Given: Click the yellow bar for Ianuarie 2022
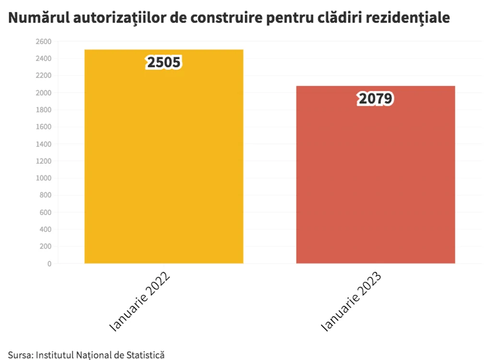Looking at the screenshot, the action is [x=164, y=156].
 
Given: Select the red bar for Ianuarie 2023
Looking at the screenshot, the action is [x=376, y=174].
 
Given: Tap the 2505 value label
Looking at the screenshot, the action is [x=164, y=62].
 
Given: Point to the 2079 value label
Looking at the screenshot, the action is [x=376, y=98].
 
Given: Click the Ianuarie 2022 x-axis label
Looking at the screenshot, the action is [x=140, y=301].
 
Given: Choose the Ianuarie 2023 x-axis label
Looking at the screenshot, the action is [x=351, y=301].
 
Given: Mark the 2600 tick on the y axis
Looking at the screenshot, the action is [x=44, y=42].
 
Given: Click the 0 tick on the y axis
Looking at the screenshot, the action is [x=49, y=264].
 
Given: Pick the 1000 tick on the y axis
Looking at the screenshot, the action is [x=44, y=178].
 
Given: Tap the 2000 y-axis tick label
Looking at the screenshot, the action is [x=44, y=93].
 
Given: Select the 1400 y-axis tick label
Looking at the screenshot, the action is [x=44, y=144].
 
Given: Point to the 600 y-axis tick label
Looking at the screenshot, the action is [x=46, y=213].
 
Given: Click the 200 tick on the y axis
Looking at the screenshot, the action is [x=46, y=247].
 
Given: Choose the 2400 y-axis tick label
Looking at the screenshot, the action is [x=44, y=59].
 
